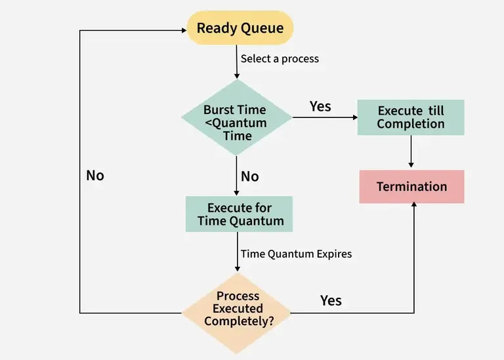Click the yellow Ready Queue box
(x=240, y=28)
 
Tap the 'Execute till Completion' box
(x=411, y=117)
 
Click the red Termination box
(x=411, y=187)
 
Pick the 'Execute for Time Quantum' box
(x=240, y=214)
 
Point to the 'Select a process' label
(x=280, y=59)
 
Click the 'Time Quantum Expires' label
(x=296, y=254)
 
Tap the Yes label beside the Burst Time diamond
(x=320, y=106)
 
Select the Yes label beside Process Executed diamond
(x=331, y=300)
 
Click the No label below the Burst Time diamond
(x=250, y=176)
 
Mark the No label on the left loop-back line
(x=95, y=176)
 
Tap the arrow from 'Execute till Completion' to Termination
(x=411, y=152)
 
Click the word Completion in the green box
(x=411, y=124)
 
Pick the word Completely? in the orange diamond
(x=240, y=321)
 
